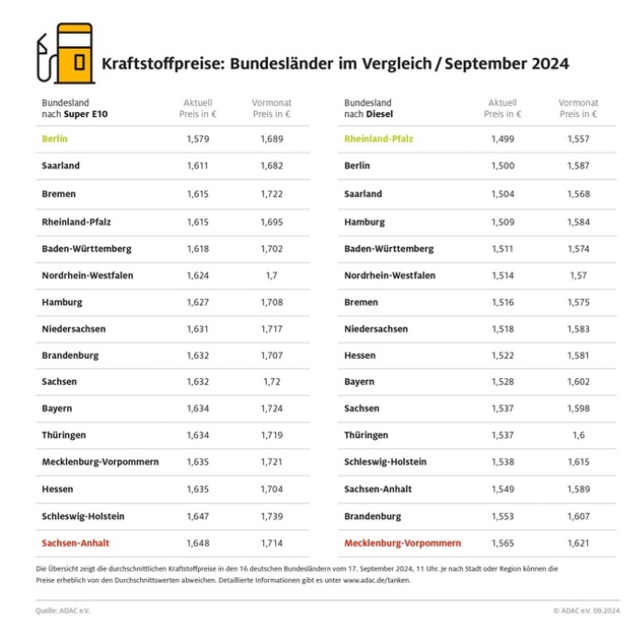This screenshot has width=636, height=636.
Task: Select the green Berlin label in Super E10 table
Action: point(55,139)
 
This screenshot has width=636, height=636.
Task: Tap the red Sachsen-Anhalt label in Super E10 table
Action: point(75,543)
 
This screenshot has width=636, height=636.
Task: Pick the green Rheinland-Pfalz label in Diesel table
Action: point(378,139)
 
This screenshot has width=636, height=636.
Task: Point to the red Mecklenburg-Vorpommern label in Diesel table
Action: point(402,543)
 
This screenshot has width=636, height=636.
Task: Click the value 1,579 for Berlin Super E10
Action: point(199,139)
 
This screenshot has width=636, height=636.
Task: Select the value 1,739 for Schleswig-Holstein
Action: point(271,516)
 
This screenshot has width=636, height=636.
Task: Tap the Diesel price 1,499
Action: point(503,139)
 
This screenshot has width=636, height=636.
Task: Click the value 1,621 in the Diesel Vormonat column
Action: point(578,543)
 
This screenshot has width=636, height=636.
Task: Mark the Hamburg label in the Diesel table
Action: point(364,222)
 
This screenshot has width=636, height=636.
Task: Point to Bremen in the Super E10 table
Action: point(59,194)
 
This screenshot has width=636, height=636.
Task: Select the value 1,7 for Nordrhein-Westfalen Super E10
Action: point(271,275)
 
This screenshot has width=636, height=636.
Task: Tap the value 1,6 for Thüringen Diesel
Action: point(578,435)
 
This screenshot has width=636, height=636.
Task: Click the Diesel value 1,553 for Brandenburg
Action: point(503,516)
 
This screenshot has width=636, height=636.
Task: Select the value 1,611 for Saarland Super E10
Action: point(199,166)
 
